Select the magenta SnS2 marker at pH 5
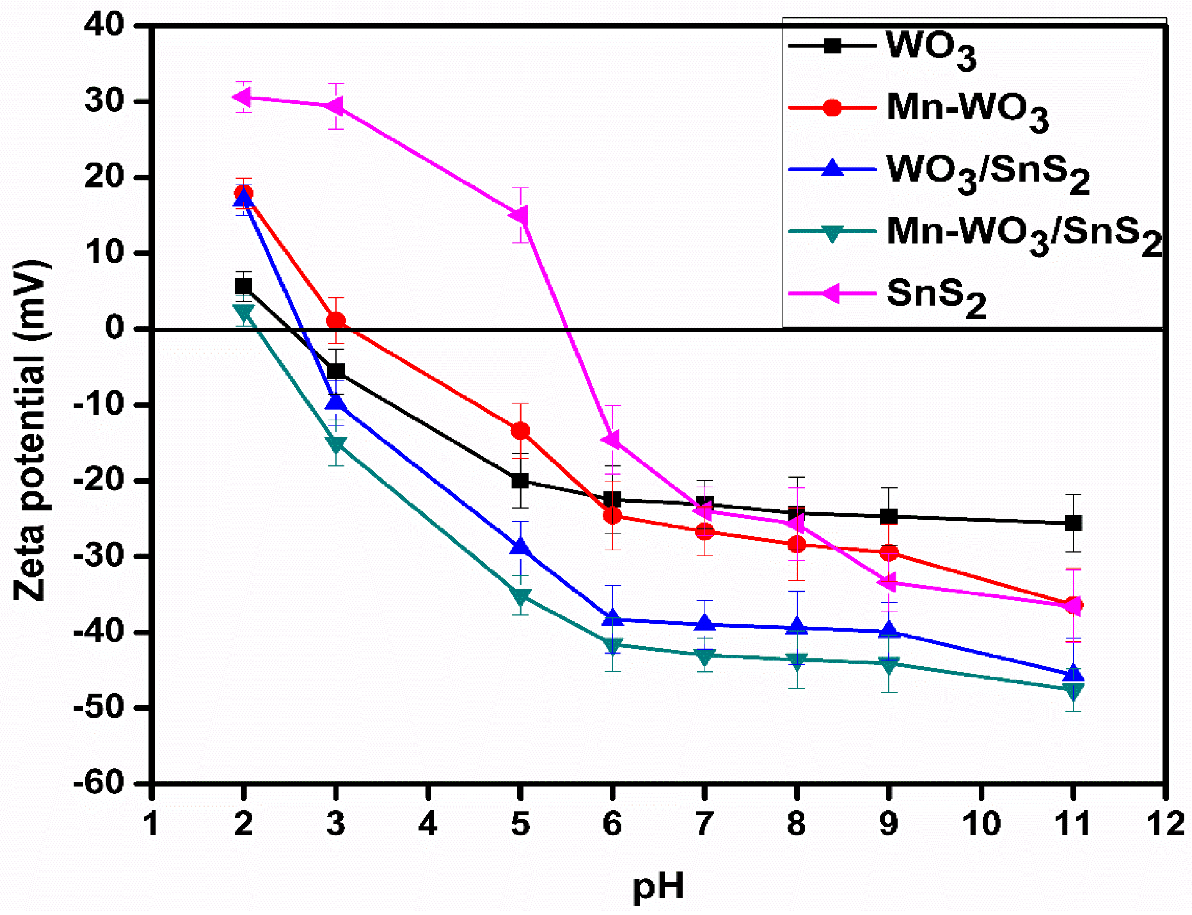(520, 215)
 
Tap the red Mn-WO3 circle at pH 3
(336, 321)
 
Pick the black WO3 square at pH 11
(1073, 523)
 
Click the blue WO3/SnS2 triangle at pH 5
(520, 546)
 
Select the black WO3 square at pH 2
(243, 286)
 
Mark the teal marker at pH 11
(1073, 691)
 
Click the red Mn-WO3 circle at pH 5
(520, 431)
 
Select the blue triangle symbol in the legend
(832, 168)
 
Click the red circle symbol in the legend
(832, 107)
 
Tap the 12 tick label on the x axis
(1165, 824)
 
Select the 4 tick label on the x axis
(428, 824)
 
